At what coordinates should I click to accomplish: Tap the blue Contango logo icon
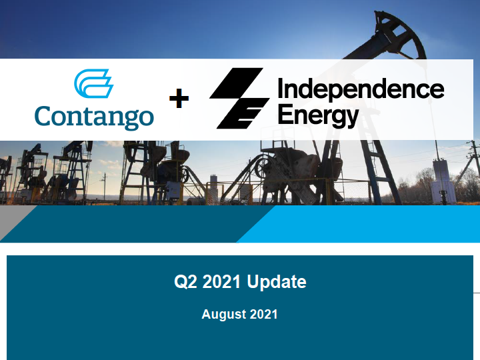pos(94,83)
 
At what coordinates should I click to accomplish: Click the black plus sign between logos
pos(179,98)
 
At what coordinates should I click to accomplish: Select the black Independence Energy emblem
pos(239,98)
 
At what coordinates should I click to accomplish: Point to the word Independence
pos(361,89)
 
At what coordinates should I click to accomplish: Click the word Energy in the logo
pos(319,116)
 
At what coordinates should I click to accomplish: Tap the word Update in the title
pos(277,281)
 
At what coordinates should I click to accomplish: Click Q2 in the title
pos(185,281)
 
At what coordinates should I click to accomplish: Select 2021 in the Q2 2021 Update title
pos(221,281)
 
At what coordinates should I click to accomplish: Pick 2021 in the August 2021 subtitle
pos(263,315)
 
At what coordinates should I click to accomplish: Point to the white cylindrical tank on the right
pos(441,181)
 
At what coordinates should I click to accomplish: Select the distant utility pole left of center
pos(105,186)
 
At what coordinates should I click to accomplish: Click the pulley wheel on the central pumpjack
pos(263,168)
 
